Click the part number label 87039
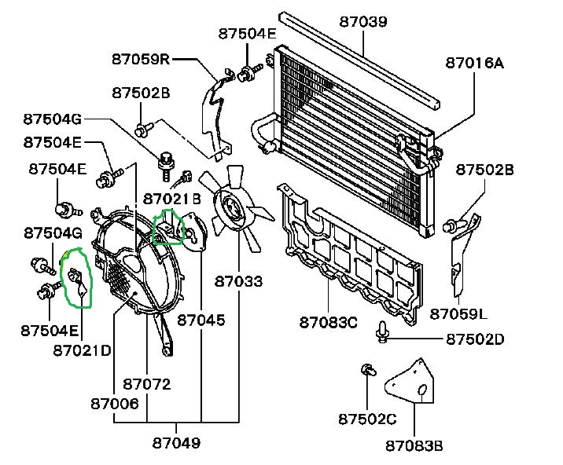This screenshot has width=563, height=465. [363, 21]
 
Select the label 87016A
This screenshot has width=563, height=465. [474, 63]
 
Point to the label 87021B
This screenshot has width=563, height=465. [172, 200]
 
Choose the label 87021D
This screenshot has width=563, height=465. [83, 349]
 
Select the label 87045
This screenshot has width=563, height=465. [201, 320]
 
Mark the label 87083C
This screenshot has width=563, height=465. [328, 321]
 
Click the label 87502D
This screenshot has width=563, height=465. [475, 339]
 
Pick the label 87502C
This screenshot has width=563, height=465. [368, 418]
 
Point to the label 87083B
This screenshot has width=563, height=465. [414, 446]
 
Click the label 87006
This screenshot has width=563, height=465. [115, 403]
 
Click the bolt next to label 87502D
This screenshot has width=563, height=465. [383, 332]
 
